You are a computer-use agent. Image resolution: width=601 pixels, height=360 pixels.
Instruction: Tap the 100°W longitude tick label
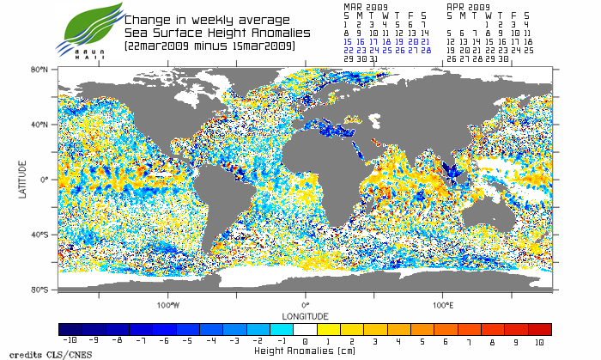click(168, 305)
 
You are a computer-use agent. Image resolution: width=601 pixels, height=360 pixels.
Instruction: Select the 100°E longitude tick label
click(443, 305)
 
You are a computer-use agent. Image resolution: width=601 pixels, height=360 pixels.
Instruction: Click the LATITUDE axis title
click(22, 179)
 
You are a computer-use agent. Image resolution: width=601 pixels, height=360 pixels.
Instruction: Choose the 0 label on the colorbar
click(306, 342)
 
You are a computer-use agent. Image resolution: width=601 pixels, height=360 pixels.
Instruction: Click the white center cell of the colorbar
click(306, 329)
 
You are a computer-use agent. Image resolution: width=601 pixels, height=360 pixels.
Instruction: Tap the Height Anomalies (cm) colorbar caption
click(306, 351)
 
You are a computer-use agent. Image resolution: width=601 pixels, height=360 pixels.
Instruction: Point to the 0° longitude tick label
click(306, 305)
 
